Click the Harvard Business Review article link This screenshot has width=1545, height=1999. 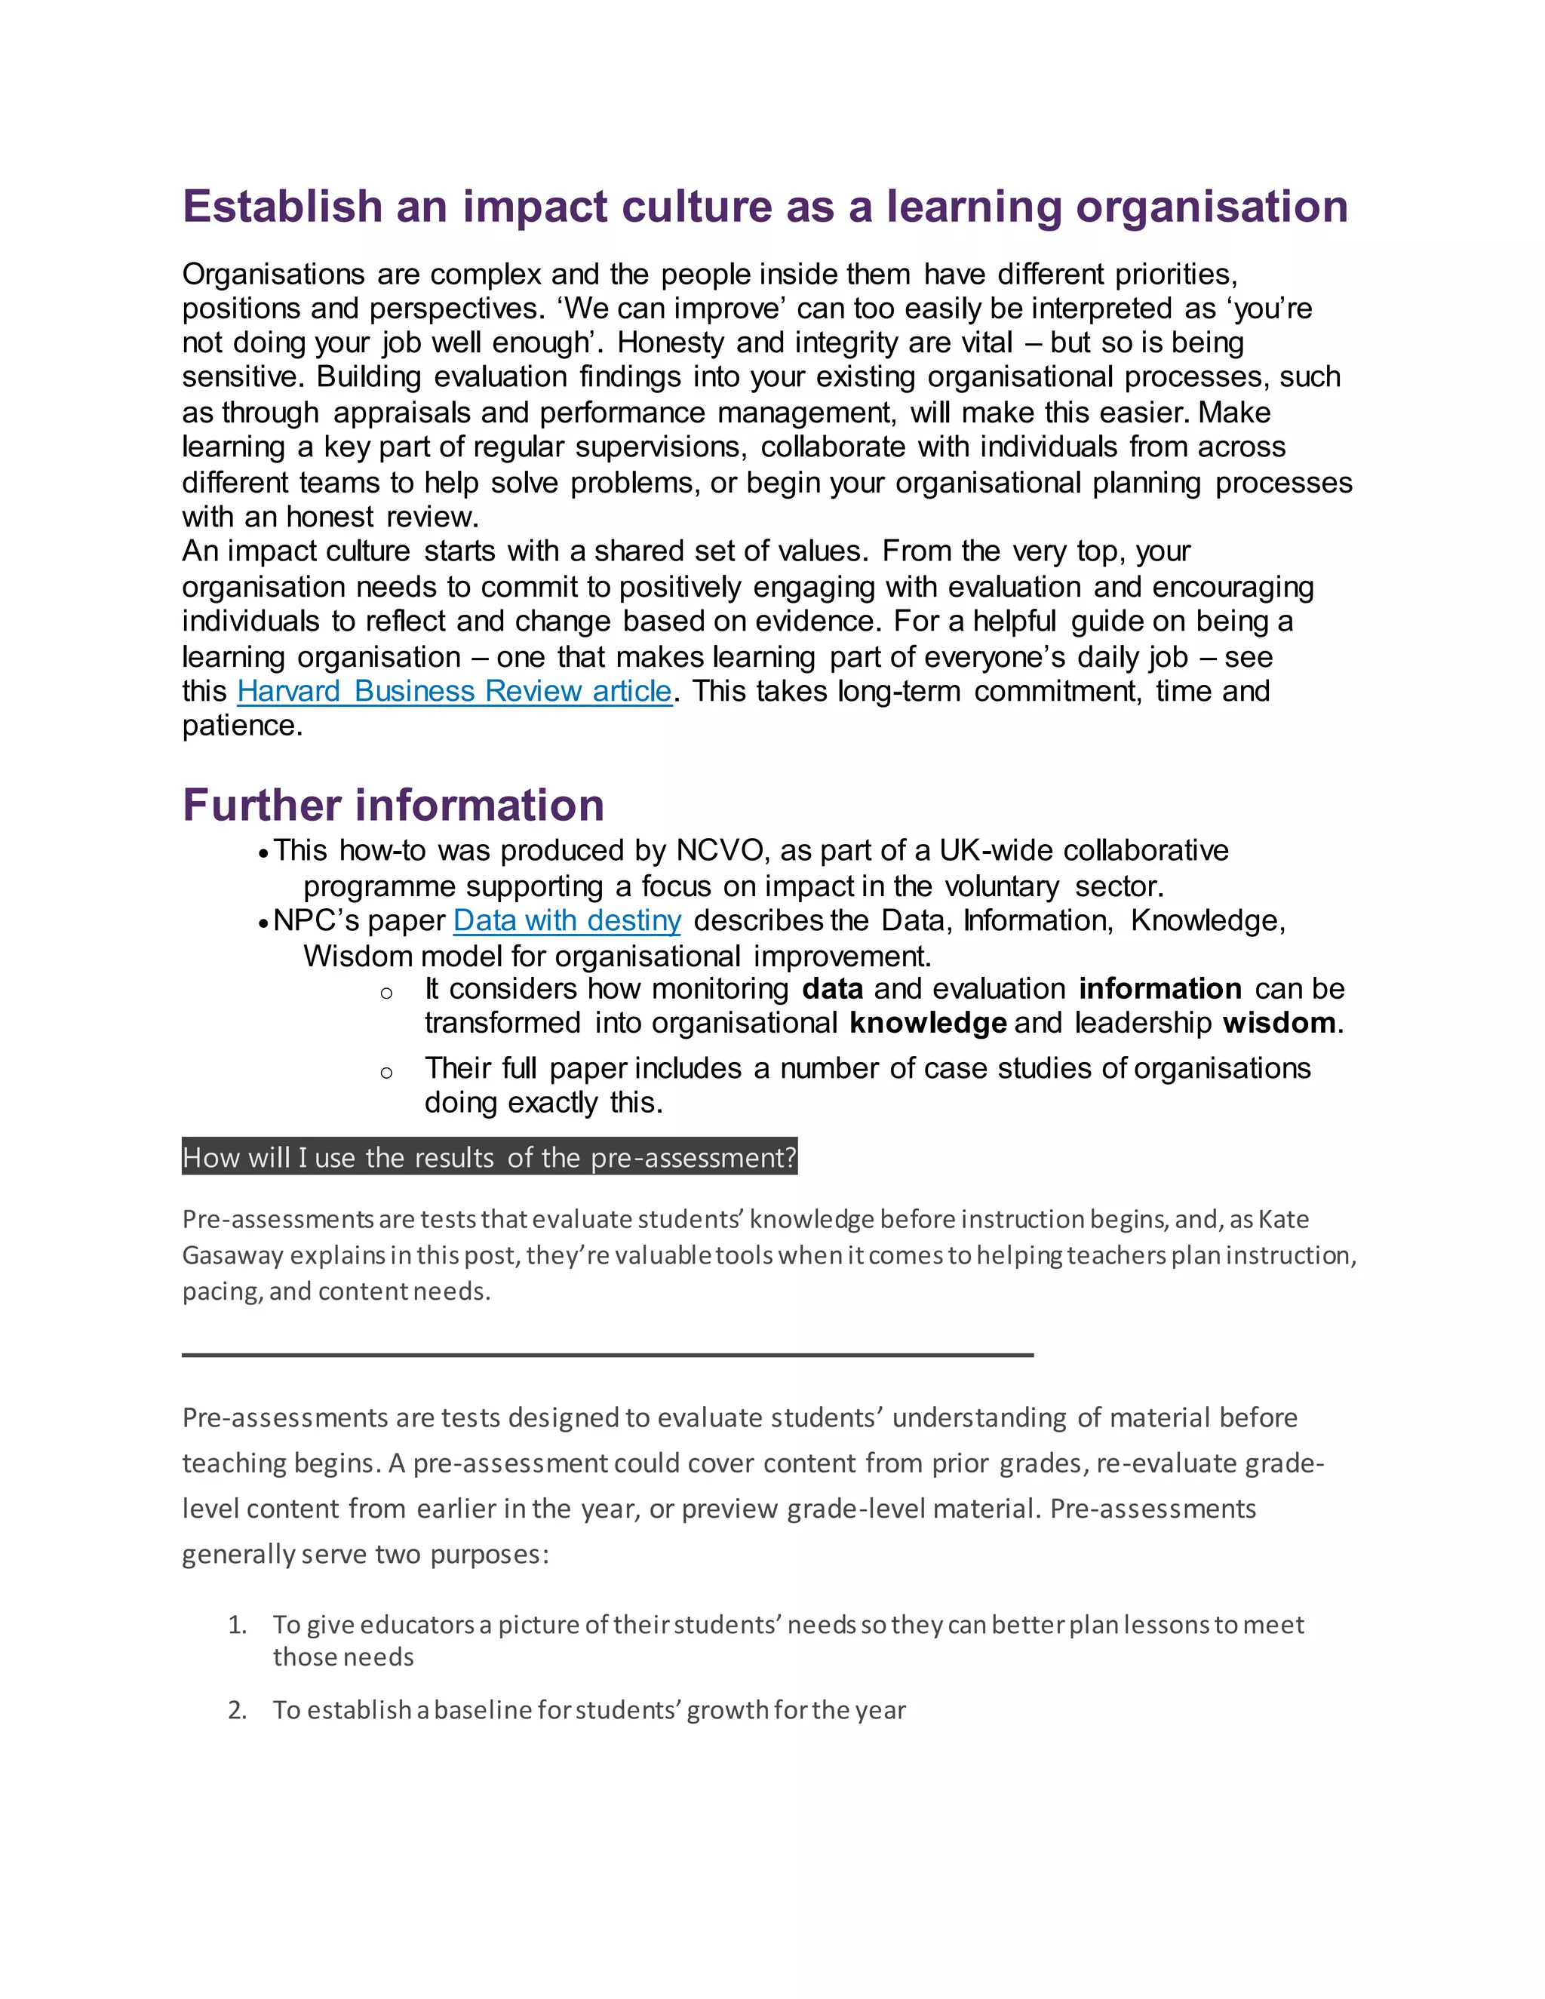pos(454,691)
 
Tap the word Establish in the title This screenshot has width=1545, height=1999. pos(282,207)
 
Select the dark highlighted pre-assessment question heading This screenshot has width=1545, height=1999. pos(490,1157)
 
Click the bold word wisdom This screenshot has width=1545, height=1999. pos(1279,1022)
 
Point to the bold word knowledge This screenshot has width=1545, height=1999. pos(927,1022)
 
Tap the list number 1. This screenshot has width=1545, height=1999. pos(237,1625)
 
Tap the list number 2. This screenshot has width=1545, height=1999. pos(237,1710)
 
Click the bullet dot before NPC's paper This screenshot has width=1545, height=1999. pos(263,923)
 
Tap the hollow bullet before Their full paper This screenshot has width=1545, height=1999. pos(386,1073)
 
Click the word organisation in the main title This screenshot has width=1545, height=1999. pos(1211,207)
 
